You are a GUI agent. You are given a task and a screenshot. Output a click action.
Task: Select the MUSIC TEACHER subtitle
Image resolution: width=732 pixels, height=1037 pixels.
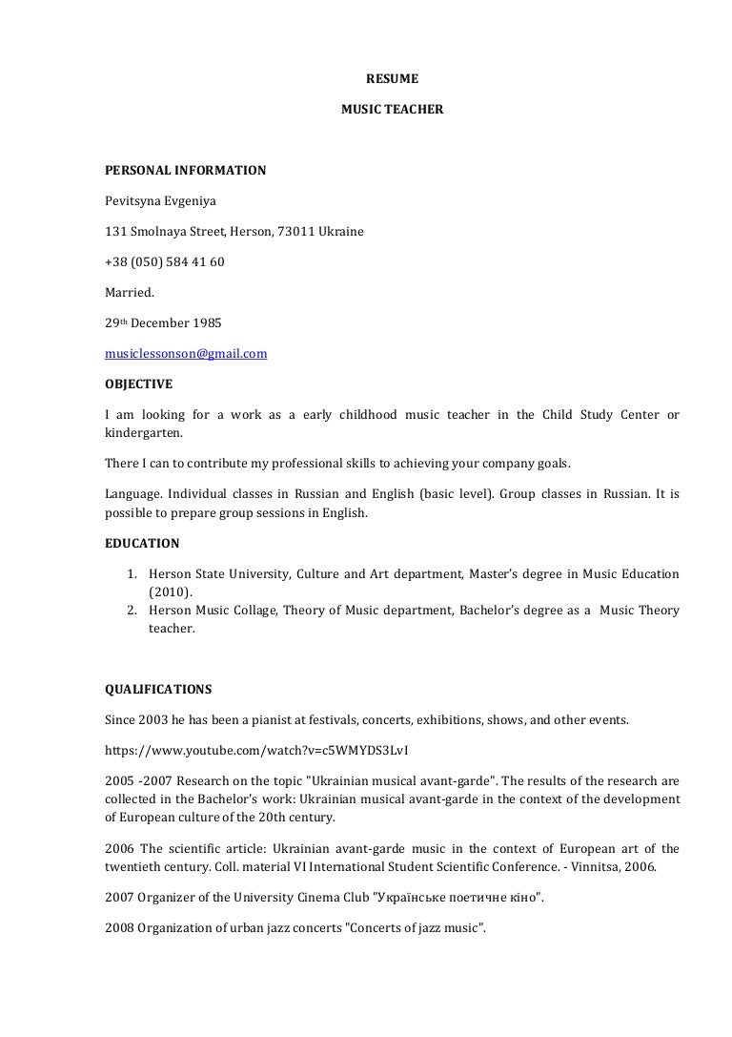click(392, 110)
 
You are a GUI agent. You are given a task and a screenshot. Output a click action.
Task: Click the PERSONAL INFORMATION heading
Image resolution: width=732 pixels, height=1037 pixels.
click(185, 171)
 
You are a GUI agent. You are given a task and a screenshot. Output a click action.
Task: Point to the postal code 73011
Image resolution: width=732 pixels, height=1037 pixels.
click(295, 232)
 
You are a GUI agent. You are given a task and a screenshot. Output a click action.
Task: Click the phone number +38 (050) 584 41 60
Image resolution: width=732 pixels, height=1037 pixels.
click(164, 262)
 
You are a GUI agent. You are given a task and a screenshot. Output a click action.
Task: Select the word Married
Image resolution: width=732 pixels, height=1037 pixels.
click(129, 293)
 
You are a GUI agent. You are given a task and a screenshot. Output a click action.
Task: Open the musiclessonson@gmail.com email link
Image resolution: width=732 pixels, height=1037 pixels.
click(186, 353)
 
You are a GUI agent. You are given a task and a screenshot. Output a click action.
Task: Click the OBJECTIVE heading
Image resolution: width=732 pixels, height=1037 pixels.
click(138, 384)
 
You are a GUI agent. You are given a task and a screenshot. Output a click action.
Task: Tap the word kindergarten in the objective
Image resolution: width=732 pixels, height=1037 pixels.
click(142, 432)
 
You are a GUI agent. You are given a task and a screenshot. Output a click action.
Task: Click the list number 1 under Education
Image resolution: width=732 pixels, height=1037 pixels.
click(132, 574)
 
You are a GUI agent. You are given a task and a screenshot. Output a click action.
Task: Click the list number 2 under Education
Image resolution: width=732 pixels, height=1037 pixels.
click(132, 611)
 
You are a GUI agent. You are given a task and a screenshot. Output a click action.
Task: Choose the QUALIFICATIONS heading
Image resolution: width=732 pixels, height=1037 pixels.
click(158, 689)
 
